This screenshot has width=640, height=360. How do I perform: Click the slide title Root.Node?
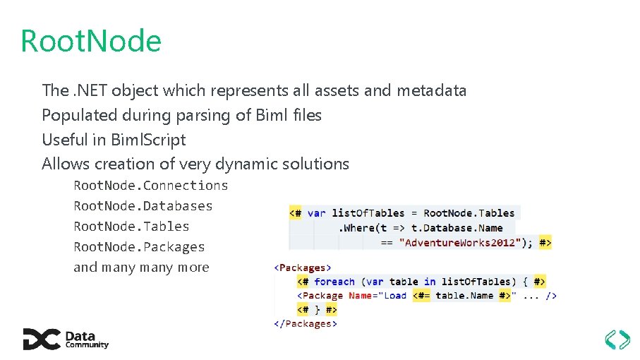pyautogui.click(x=91, y=41)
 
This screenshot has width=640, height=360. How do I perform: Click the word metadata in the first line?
pyautogui.click(x=431, y=91)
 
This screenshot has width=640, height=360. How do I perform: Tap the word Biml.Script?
pyautogui.click(x=148, y=140)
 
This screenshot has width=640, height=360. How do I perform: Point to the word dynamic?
pyautogui.click(x=249, y=164)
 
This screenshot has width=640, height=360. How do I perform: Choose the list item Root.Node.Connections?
pyautogui.click(x=151, y=186)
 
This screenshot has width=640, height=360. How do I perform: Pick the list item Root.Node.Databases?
pyautogui.click(x=143, y=206)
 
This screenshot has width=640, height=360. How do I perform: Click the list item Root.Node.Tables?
pyautogui.click(x=132, y=227)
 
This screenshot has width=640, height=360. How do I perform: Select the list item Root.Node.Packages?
pyautogui.click(x=140, y=247)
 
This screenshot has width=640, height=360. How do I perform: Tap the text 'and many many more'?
pyautogui.click(x=141, y=268)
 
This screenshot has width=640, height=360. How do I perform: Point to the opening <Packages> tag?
pyautogui.click(x=303, y=268)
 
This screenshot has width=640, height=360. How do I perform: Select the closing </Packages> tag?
pyautogui.click(x=306, y=324)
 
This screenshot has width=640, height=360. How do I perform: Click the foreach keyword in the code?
pyautogui.click(x=334, y=282)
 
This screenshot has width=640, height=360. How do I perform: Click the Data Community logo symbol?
pyautogui.click(x=41, y=340)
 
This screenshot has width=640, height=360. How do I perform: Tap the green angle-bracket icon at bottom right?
pyautogui.click(x=617, y=340)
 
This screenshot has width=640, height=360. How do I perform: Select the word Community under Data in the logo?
pyautogui.click(x=87, y=345)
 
